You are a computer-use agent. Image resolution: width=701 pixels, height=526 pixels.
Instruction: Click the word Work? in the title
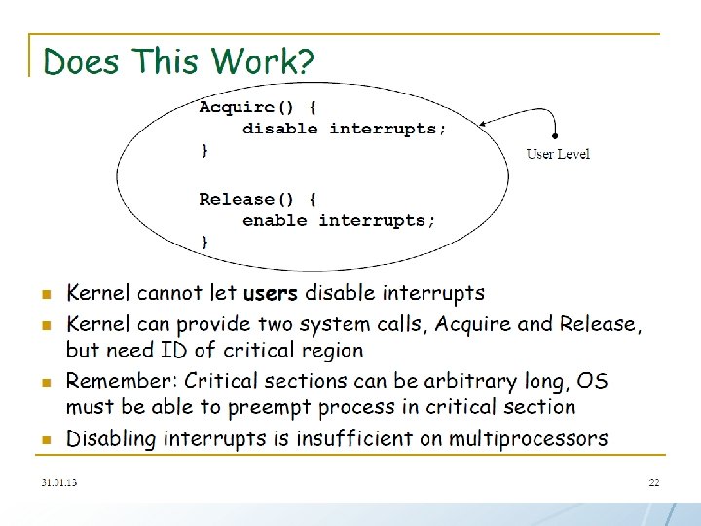click(x=264, y=62)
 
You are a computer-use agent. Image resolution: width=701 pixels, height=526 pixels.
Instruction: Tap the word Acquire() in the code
click(x=236, y=107)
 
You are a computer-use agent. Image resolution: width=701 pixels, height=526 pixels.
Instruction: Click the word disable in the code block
click(x=280, y=129)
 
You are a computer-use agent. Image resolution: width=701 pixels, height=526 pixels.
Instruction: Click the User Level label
click(x=558, y=154)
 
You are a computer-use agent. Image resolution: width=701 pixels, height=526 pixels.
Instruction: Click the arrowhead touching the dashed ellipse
click(x=486, y=124)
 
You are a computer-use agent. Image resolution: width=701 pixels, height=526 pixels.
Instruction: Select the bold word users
click(x=271, y=293)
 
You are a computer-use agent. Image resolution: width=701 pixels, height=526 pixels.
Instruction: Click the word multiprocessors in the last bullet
click(x=528, y=438)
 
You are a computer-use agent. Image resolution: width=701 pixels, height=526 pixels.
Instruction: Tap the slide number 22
click(x=654, y=482)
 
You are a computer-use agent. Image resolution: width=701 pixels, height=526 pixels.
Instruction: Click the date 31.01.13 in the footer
click(x=59, y=482)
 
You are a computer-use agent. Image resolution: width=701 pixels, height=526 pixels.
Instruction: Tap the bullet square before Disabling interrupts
click(x=45, y=440)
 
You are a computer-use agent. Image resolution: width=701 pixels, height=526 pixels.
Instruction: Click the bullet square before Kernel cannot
click(x=45, y=294)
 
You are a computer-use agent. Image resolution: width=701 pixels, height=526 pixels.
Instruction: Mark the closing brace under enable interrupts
click(x=204, y=241)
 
